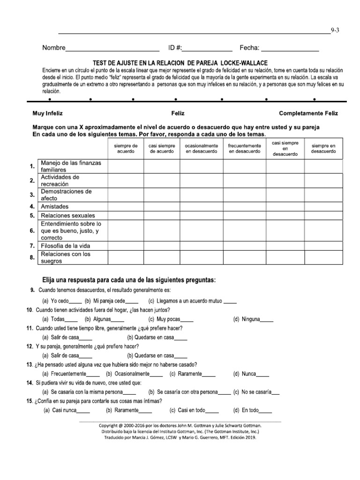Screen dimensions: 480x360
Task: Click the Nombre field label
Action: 53,48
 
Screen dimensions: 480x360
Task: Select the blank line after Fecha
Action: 290,49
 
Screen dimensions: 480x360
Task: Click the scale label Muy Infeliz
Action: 47,113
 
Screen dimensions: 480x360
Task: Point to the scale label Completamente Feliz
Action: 308,113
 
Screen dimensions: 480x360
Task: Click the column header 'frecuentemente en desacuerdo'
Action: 244,149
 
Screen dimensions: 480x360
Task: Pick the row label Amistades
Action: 54,206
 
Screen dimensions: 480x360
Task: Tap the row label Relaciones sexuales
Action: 67,216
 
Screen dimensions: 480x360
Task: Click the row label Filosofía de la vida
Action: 65,246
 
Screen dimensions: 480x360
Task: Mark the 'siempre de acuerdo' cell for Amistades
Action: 126,206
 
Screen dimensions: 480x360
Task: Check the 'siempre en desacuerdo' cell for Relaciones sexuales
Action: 323,216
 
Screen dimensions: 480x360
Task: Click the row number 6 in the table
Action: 32,231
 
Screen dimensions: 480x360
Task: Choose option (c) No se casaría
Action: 256,392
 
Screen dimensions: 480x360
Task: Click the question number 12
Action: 30,346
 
